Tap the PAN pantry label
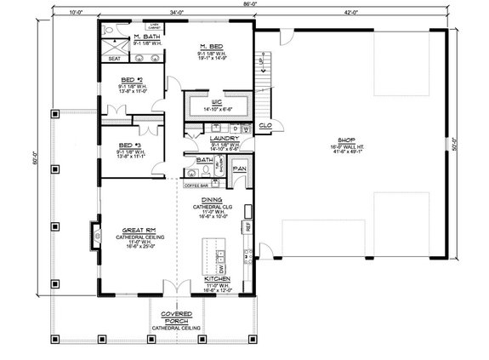240,169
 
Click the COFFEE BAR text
196,185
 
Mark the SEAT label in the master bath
114,59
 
